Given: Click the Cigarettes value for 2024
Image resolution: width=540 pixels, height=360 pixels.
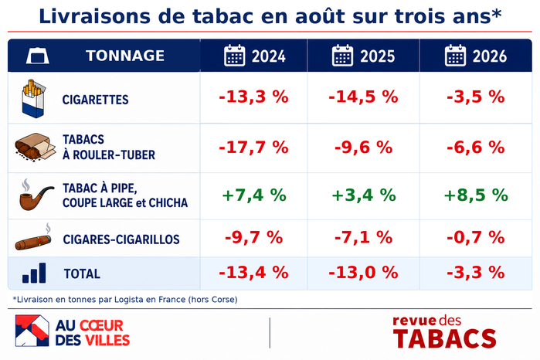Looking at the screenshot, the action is pos(253,97).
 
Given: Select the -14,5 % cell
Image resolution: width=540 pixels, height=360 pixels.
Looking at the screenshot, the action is pos(363,97).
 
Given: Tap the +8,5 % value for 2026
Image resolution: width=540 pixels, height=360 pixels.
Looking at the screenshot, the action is pos(476,195).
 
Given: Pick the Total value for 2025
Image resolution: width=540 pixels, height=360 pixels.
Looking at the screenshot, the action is pos(363,273).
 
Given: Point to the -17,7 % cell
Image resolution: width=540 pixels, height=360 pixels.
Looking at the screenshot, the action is pos(253,148).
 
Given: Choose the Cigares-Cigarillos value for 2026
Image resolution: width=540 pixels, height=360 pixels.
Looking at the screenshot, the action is pos(476,237).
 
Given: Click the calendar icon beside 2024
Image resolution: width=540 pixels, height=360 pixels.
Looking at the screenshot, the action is pos(235,55).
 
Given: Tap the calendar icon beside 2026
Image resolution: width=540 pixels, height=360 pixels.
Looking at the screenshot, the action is pos(455,55).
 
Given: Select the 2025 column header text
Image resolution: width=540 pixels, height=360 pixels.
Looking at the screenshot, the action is pos(378,56).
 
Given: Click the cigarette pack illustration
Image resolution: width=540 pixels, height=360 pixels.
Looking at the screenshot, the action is pos(33,99).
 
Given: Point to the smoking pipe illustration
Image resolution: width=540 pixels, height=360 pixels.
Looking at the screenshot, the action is pos(36,195).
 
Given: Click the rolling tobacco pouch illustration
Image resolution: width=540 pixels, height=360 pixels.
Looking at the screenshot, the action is pos(35,147).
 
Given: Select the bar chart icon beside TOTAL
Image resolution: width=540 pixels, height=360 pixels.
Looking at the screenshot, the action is pos(34,273).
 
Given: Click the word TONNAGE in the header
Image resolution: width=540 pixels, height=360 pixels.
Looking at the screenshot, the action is pos(125,56).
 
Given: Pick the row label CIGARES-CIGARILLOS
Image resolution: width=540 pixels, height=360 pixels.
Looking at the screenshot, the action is pos(121,239).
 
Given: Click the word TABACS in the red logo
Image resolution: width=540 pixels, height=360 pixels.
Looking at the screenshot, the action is pos(445,338).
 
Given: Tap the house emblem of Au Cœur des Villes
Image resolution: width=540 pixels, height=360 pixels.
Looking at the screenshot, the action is pos(32,331).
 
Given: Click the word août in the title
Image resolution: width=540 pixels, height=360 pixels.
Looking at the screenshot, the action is pos(320,16).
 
